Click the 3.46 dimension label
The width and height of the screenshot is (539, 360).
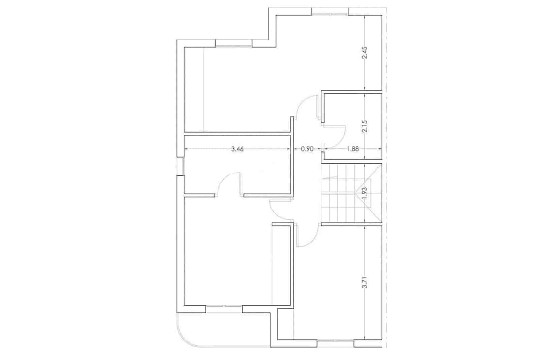click(237, 149)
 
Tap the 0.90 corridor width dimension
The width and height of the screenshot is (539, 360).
click(307, 149)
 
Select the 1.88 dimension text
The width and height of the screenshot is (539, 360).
click(352, 149)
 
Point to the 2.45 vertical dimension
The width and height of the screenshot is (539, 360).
click(365, 53)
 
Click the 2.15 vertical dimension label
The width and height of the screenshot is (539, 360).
click(365, 126)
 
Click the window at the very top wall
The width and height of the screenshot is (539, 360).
click(329, 13)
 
